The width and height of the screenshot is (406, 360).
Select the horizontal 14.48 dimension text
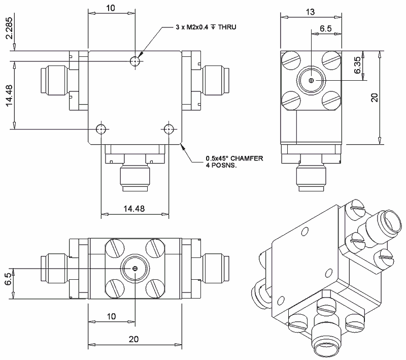134,208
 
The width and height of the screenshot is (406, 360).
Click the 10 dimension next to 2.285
112,9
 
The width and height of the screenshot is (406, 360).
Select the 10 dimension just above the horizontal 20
112,316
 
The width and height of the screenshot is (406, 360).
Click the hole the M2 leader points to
135,61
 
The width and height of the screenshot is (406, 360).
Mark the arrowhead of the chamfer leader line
184,148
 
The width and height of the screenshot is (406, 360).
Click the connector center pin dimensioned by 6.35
311,80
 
